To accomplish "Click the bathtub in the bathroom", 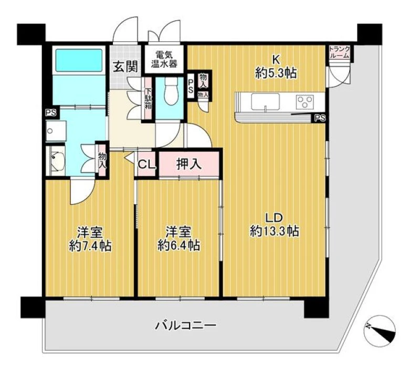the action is pos(79,60).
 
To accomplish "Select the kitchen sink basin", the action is pos(265,102).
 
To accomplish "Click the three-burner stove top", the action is pos(304,102).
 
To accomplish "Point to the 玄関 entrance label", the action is pos(125,67).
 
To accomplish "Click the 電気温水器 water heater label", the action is pos(164,59).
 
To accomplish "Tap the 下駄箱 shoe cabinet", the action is pos(149,98).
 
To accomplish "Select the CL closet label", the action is pos(146,164).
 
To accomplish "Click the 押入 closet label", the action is pos(189,164).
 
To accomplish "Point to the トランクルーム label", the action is pos(339,52).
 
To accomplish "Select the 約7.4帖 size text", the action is pos(90,246).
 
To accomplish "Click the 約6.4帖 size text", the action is pos(178,246).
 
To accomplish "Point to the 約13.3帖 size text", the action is pos(275,231).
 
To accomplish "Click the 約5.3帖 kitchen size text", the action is pos(276,73).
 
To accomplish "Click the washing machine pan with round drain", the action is pos(56,131).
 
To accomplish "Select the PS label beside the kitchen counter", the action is pos(320,118).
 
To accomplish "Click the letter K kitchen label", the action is pos(276,60).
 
